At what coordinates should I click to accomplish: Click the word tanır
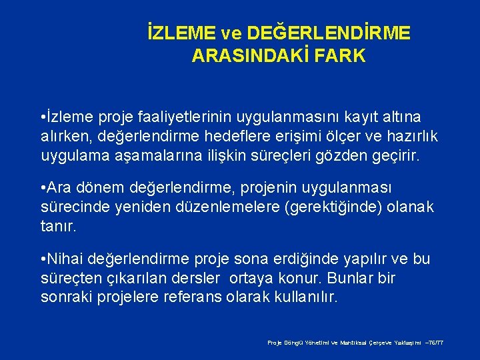pos(59,227)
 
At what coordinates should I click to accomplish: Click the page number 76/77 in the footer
pos(435,342)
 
